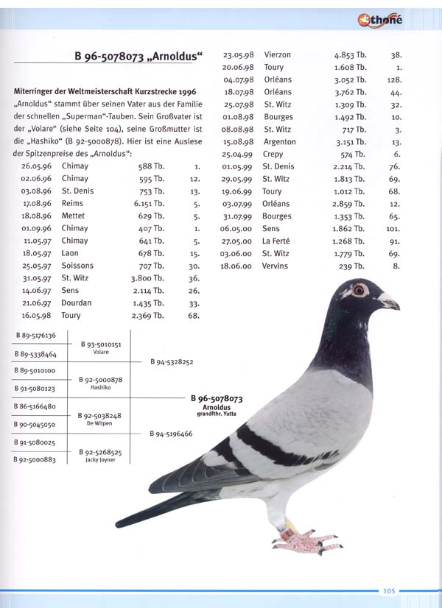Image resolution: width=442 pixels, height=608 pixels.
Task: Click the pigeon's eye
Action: pyautogui.click(x=359, y=289)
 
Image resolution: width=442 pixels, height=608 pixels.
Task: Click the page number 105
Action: pyautogui.click(x=389, y=590)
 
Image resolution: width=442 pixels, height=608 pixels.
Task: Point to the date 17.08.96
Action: pyautogui.click(x=36, y=203)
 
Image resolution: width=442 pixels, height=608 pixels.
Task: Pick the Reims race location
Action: pyautogui.click(x=73, y=203)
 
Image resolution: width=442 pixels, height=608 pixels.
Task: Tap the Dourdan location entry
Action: pyautogui.click(x=77, y=303)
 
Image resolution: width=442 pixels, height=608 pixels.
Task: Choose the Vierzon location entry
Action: pyautogui.click(x=277, y=55)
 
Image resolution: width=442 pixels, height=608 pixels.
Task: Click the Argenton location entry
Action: pyautogui.click(x=279, y=141)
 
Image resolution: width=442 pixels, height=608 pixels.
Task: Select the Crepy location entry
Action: pyautogui.click(x=273, y=154)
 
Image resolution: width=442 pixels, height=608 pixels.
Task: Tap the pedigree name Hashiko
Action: pyautogui.click(x=100, y=386)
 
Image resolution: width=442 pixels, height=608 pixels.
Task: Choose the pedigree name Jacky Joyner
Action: pyautogui.click(x=100, y=459)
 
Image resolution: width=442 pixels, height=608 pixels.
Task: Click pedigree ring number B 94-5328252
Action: pyautogui.click(x=172, y=362)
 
